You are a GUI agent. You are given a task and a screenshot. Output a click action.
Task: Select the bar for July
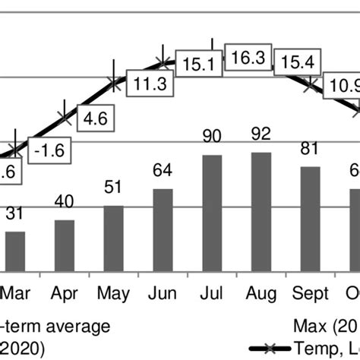212,212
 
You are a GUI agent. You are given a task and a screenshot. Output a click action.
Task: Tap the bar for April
65,245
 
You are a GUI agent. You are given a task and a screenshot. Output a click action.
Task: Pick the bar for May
113,237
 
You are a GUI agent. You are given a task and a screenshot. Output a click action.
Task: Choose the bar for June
163,229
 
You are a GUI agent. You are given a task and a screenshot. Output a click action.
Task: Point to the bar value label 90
212,136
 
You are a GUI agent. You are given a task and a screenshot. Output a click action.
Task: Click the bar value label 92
261,134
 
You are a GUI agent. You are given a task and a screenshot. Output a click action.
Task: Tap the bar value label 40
65,203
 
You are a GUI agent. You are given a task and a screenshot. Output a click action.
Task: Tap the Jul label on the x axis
213,293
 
